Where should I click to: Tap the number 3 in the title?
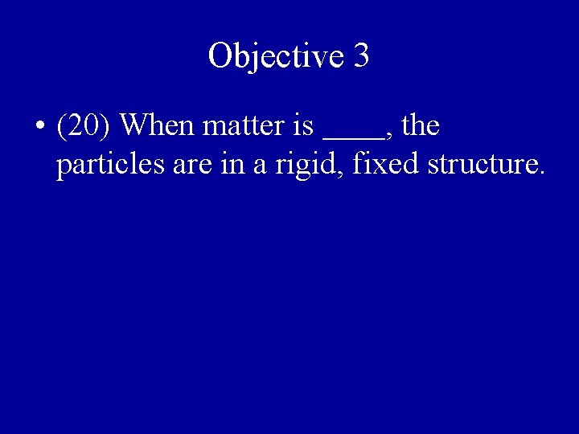tap(361, 56)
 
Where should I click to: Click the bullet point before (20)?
tap(39, 127)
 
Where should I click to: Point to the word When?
tap(162, 126)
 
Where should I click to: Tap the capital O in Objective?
tap(220, 56)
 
